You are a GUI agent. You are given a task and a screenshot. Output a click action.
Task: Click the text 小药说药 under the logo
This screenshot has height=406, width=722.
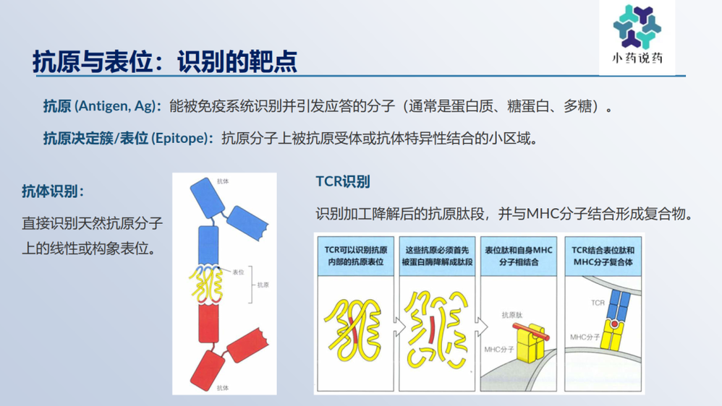[x=637, y=59]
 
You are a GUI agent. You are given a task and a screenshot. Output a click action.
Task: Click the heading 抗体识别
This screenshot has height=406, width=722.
[x=53, y=191]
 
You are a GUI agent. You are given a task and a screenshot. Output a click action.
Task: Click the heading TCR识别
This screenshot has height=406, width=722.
[x=343, y=181]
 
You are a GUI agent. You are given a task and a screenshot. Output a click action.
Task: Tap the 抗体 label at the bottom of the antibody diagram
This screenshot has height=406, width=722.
[x=223, y=388]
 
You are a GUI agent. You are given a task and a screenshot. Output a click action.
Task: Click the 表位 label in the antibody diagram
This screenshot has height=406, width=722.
[x=239, y=272]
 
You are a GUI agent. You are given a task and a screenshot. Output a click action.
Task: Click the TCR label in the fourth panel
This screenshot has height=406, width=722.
[x=597, y=303]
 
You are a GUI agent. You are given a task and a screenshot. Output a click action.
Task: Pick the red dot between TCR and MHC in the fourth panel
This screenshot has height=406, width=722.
[x=614, y=324]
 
